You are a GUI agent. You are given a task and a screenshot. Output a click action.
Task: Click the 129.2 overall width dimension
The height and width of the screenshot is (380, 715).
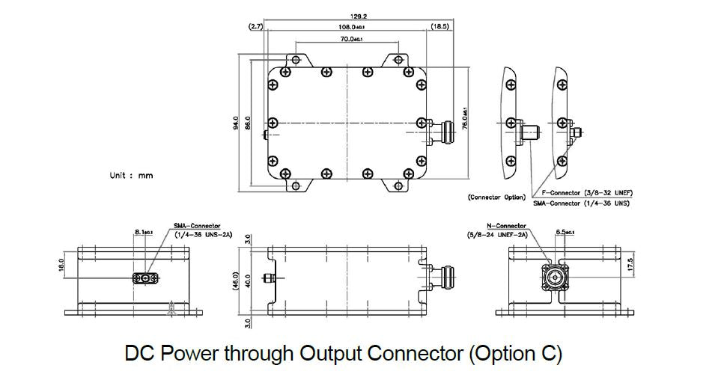tap(347, 14)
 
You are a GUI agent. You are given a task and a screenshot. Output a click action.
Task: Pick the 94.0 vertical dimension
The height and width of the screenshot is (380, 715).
tap(236, 121)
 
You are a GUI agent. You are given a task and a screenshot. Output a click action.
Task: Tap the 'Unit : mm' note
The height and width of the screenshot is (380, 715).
tap(132, 175)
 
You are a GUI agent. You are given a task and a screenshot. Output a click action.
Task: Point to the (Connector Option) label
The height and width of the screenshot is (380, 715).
tap(496, 197)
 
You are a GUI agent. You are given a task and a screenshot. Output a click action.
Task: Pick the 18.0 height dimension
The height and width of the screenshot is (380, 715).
tap(61, 265)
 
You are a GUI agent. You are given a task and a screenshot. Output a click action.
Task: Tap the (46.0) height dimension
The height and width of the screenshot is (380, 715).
tap(237, 283)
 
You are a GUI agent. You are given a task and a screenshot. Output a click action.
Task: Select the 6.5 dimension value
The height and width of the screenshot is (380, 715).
tap(564, 233)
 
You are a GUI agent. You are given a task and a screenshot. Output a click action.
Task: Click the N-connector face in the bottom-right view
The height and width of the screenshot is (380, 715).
tap(555, 280)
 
